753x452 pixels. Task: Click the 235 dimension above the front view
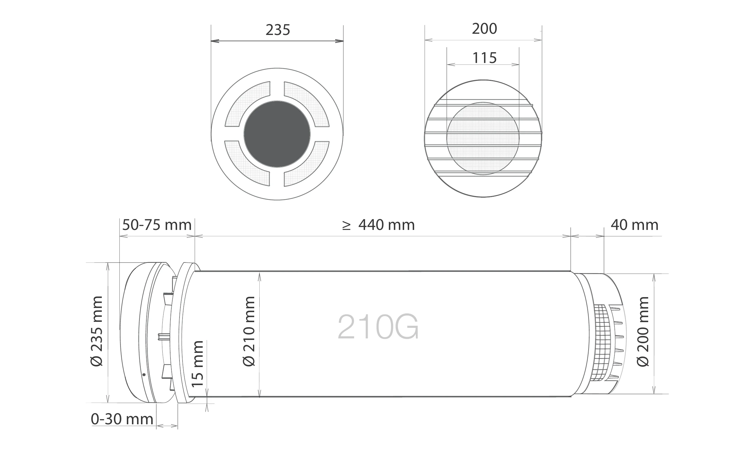(278, 30)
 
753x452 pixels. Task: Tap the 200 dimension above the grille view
(484, 29)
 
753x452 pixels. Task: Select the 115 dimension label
(484, 58)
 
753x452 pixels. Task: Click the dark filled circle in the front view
(277, 134)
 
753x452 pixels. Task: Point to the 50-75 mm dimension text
(157, 225)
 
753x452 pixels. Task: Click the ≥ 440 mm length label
(378, 225)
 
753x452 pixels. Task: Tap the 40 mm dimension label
(635, 225)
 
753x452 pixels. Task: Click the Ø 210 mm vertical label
(249, 331)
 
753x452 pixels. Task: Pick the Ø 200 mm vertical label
(643, 331)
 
